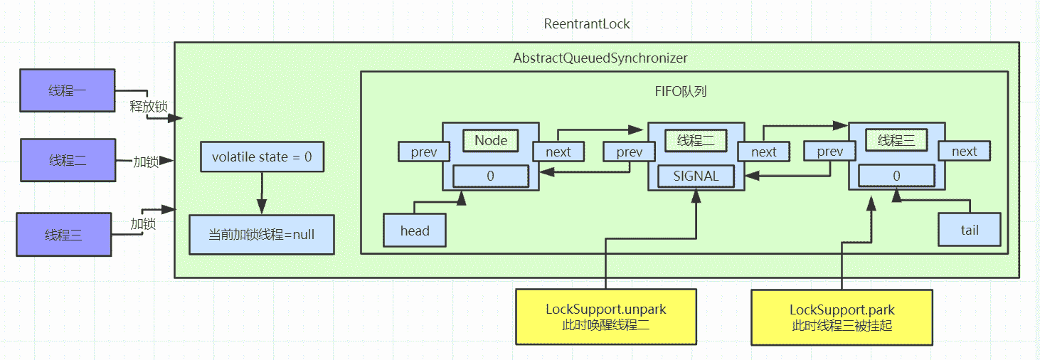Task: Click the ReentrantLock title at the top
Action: click(x=587, y=23)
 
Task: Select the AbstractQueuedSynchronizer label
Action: click(x=600, y=57)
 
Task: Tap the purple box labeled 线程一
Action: click(x=68, y=90)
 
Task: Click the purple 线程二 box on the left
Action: click(x=68, y=161)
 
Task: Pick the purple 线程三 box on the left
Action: click(x=64, y=235)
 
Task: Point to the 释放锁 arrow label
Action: click(x=148, y=107)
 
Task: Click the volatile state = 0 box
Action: click(x=262, y=157)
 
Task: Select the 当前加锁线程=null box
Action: click(x=262, y=234)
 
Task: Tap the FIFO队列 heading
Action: click(x=681, y=92)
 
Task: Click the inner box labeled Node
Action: click(x=491, y=140)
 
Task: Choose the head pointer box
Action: click(x=415, y=231)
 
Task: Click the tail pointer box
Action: click(x=969, y=230)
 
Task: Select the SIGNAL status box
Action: click(x=696, y=176)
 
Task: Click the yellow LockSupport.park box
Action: click(x=842, y=317)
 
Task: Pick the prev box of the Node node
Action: click(x=424, y=152)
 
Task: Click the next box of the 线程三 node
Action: click(x=964, y=151)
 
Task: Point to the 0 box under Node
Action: click(x=490, y=176)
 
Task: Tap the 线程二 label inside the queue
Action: click(x=695, y=140)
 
